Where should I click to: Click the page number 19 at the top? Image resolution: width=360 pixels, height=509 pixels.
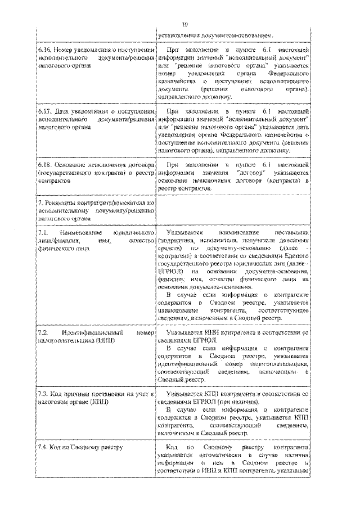tap(185, 24)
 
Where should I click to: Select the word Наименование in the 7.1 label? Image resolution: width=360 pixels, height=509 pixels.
tap(82, 232)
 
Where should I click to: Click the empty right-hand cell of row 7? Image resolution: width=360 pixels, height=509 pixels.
tap(233, 209)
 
